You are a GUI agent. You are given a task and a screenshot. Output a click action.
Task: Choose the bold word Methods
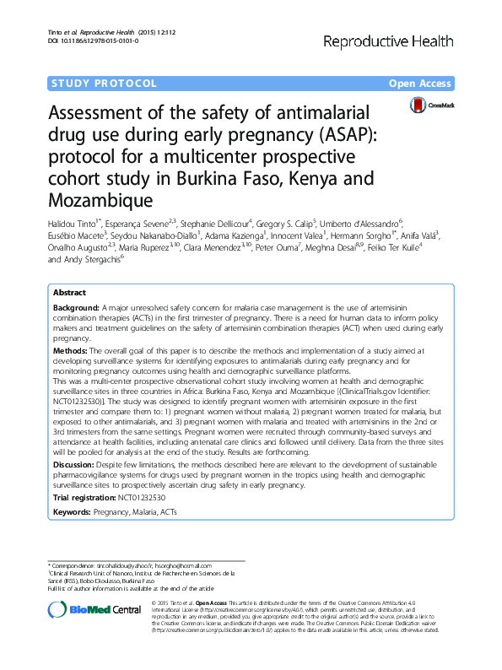click(71, 348)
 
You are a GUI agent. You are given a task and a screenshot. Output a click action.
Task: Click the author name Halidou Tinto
click(79, 220)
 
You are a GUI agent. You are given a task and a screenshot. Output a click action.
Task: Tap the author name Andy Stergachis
click(92, 260)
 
